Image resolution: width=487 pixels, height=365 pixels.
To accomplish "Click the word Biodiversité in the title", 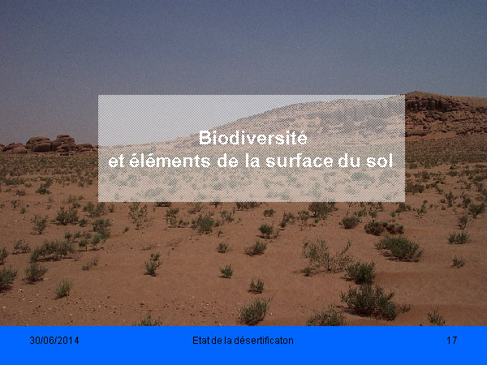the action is tap(252, 138).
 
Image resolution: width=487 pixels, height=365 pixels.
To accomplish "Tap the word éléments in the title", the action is tap(170, 161).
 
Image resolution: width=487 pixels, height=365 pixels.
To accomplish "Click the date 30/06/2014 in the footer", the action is tap(54, 341).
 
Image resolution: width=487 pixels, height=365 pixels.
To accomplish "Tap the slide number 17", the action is tap(451, 341).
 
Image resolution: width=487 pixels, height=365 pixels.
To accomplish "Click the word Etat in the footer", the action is tap(200, 341).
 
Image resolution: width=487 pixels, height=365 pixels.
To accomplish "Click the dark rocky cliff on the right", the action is tap(446, 114).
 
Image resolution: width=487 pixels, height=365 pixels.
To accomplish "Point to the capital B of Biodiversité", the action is tap(205, 138).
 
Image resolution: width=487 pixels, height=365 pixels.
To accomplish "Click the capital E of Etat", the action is tap(195, 341).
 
